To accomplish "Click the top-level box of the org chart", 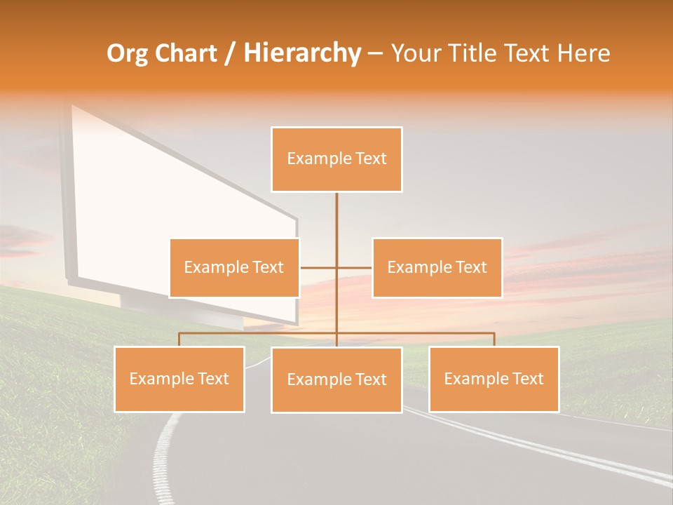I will click(336, 159).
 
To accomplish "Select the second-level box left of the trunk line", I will click(234, 267).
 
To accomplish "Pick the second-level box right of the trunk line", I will click(437, 267).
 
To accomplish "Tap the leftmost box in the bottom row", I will click(179, 379).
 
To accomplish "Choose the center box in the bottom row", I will click(336, 379).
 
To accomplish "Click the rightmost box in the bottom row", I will click(494, 379).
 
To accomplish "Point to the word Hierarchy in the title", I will click(301, 53).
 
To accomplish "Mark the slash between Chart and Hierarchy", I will click(230, 53).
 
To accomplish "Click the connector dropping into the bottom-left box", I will click(179, 339).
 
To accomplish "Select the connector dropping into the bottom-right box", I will click(494, 339).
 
